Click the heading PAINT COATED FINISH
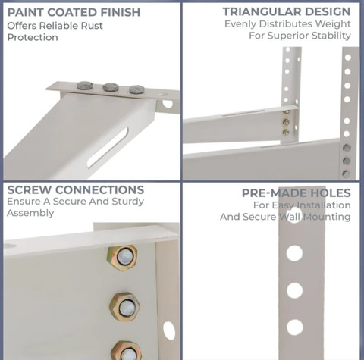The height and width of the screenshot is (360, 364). (x=74, y=12)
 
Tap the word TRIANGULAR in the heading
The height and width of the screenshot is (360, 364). (x=262, y=11)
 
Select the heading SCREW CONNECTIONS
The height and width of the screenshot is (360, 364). (x=76, y=190)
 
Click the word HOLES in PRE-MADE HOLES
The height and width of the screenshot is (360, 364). (x=330, y=193)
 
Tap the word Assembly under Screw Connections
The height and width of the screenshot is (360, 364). (x=30, y=213)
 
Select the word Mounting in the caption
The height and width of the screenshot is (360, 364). (x=327, y=217)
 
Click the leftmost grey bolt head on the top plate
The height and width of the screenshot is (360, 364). (x=85, y=86)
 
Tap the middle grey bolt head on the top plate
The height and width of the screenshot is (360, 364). (x=111, y=87)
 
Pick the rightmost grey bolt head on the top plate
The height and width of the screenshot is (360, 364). (x=136, y=89)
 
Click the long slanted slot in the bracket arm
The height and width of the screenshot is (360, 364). (x=108, y=148)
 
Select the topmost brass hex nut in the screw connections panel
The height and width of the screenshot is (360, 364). (x=122, y=258)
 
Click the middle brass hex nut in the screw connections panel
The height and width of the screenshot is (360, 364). (x=125, y=306)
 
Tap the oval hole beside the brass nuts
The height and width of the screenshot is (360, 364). (x=169, y=330)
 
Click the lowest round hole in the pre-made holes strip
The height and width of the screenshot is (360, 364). (x=295, y=327)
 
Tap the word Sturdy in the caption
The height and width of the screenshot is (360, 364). (x=128, y=202)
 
